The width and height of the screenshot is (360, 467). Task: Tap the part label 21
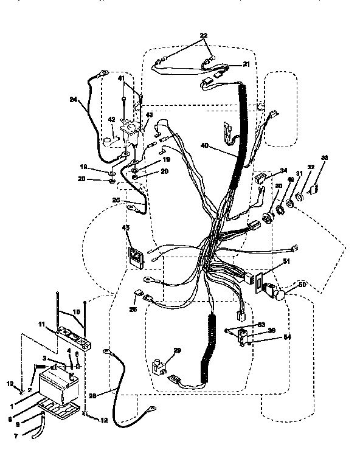[246, 64]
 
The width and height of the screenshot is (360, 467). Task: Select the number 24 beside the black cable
[74, 100]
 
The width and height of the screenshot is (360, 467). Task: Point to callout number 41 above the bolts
[121, 80]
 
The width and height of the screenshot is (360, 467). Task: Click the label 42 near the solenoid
[111, 120]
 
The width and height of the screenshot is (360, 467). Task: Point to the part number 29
[178, 351]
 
